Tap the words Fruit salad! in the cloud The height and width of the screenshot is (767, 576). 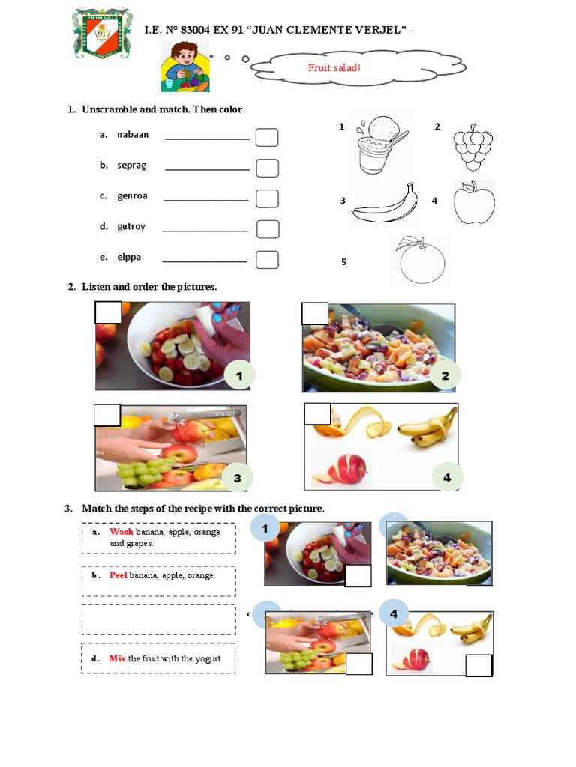[x=334, y=68]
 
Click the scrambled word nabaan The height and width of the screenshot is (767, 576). [x=133, y=135]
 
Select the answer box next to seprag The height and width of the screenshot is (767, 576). [x=267, y=168]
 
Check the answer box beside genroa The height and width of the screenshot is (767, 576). [x=267, y=198]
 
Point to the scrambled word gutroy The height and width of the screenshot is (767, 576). [x=130, y=226]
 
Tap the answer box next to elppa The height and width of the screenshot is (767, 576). [x=267, y=260]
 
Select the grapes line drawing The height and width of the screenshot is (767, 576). [x=472, y=148]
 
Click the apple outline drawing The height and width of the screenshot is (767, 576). [x=474, y=202]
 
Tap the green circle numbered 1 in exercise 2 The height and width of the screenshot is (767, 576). [x=239, y=376]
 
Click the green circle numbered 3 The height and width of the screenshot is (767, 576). [x=237, y=478]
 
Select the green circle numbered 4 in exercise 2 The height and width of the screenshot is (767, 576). [x=447, y=477]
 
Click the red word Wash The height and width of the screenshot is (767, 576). [x=121, y=532]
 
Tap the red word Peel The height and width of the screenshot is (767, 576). [x=118, y=575]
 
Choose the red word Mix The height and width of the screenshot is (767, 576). [x=117, y=658]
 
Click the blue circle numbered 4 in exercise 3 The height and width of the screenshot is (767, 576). [x=394, y=614]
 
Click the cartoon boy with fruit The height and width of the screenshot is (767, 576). [x=184, y=67]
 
